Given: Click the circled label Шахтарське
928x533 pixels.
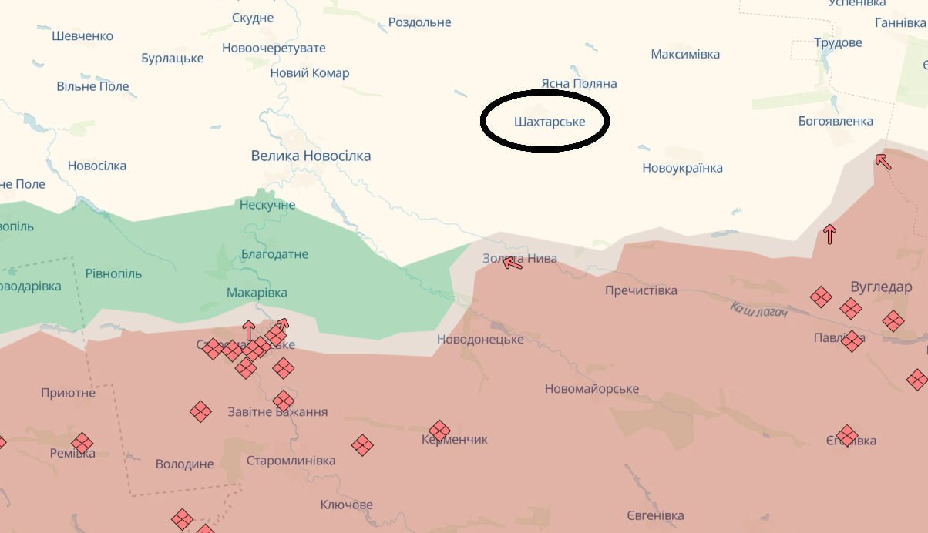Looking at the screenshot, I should point(550,122).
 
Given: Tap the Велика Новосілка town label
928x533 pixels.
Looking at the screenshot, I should point(311,156).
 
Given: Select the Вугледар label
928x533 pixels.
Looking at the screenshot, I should point(881,287).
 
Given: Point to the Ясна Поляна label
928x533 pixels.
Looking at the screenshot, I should point(579,84).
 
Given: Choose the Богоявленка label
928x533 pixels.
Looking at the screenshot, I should point(836,122).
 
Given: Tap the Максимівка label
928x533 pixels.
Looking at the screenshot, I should point(685,55).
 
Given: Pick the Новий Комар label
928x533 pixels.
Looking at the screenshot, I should point(309,74).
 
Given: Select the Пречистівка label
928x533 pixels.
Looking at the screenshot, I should point(641,291).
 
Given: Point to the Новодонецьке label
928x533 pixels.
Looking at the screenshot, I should point(480,340).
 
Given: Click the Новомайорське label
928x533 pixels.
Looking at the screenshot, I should point(591,389).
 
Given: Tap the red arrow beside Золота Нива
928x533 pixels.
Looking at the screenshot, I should point(512,263).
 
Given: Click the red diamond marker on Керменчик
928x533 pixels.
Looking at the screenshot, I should point(439,431).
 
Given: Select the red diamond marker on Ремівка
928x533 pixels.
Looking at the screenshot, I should point(82,444).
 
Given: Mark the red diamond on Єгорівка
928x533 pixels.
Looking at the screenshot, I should point(847,435).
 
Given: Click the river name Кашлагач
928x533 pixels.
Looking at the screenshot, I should point(758,310).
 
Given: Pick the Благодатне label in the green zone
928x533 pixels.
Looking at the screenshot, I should point(274,255).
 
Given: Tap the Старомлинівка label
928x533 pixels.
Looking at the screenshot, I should point(291,461).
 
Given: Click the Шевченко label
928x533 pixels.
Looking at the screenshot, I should point(82,36).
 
